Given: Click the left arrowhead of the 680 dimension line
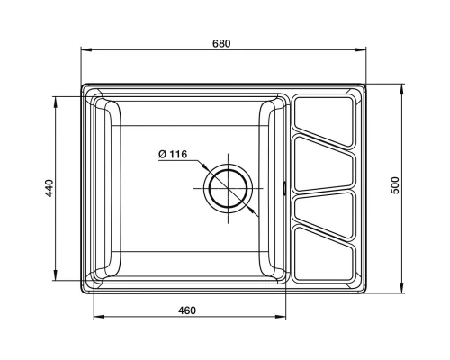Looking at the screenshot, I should pos(85,53).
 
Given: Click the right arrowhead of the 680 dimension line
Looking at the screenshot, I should pos(367,53).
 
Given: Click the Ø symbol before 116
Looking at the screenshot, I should pos(161,155).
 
